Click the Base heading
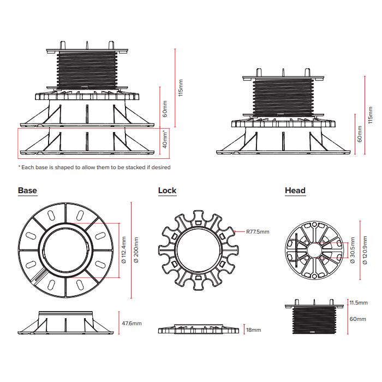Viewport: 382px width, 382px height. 27,190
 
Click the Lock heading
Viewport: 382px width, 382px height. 167,190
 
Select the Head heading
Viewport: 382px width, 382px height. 295,190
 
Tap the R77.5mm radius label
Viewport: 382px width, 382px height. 258,232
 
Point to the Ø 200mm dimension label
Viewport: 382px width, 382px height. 136,250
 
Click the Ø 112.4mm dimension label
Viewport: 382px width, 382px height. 124,250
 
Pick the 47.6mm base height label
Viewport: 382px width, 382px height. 132,323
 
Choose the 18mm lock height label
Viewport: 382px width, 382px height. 253,330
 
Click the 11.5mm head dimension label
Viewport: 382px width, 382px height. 359,302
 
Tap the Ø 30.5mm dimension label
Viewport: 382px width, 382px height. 353,250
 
